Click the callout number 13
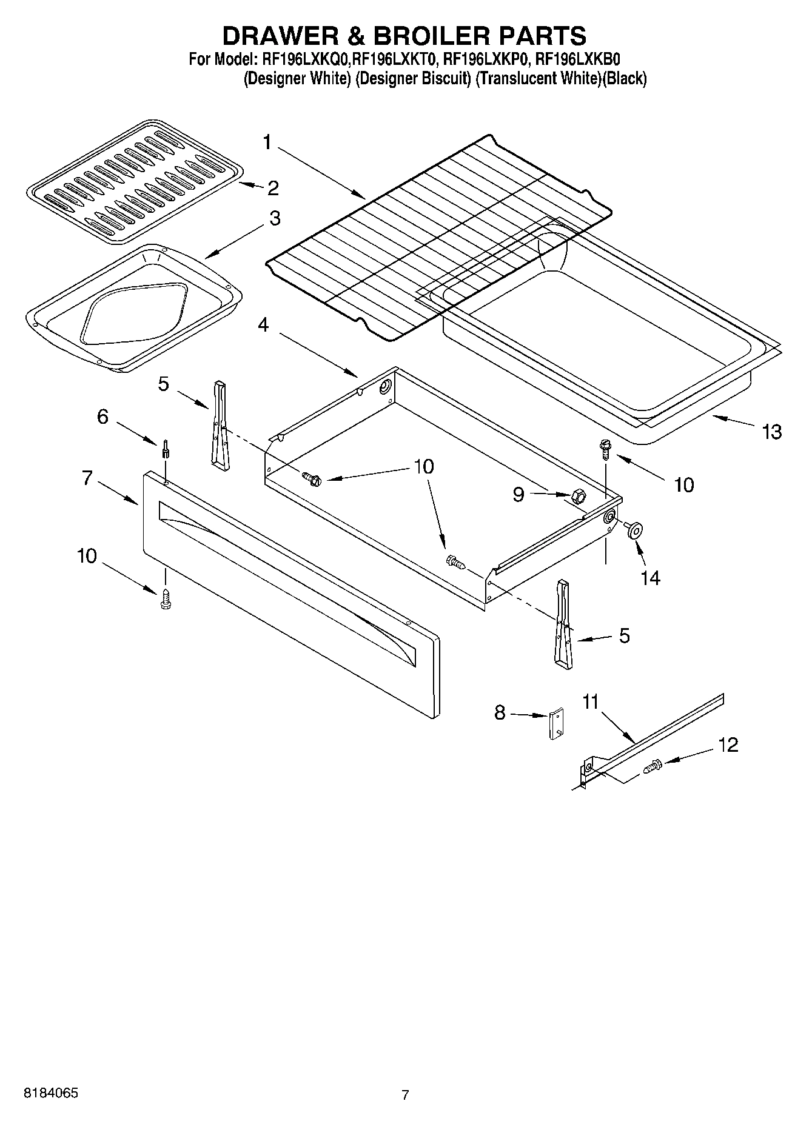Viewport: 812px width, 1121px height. coord(771,432)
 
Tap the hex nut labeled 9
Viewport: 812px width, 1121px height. coord(577,497)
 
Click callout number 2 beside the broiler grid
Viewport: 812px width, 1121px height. coord(273,188)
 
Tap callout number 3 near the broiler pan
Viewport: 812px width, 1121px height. coord(275,218)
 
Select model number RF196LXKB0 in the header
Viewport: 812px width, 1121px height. coord(577,59)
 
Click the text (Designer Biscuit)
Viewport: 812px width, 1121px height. coord(413,79)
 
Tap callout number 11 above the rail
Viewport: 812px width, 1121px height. coord(590,702)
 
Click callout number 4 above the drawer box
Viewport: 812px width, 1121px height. coord(263,325)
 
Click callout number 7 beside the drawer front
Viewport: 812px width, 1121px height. coord(87,478)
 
